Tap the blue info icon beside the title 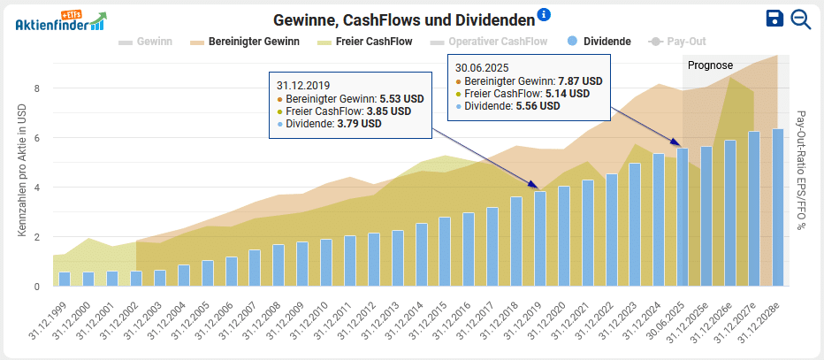(544, 15)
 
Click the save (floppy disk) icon (774, 19)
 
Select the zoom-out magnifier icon (801, 19)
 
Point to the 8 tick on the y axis (37, 88)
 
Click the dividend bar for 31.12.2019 (539, 239)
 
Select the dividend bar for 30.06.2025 (683, 217)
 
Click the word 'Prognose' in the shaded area (711, 65)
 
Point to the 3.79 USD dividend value (360, 124)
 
